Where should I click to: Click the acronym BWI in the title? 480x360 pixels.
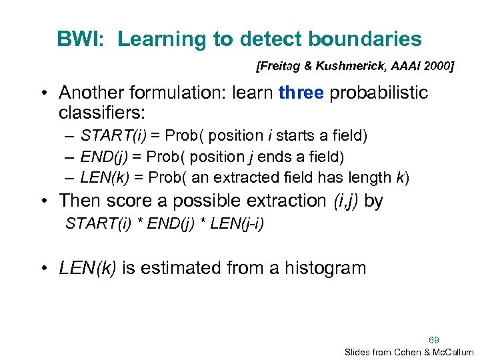pyautogui.click(x=77, y=39)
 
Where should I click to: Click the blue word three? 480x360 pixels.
pyautogui.click(x=301, y=93)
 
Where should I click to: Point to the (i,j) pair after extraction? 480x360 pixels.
pyautogui.click(x=347, y=201)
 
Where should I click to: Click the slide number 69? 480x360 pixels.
pyautogui.click(x=434, y=339)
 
